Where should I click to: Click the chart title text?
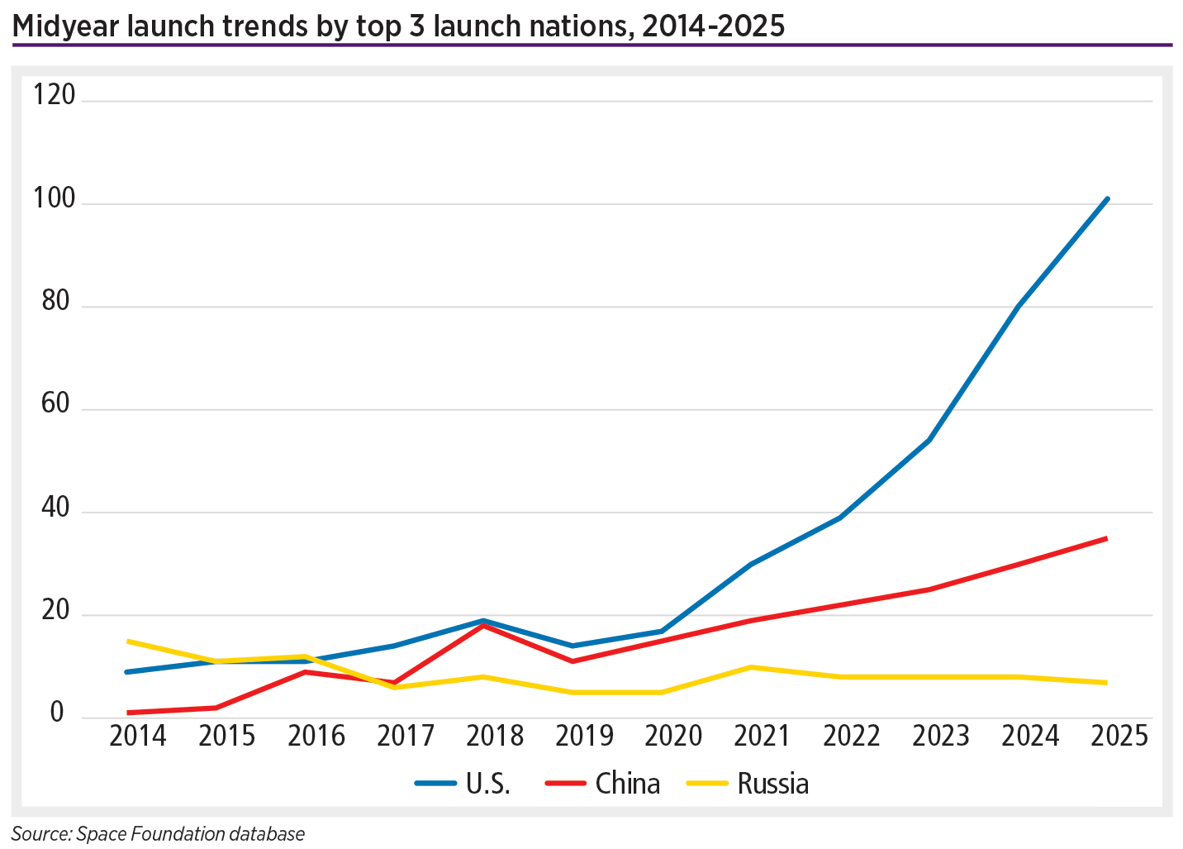pos(398,26)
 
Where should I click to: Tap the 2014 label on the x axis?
pos(137,736)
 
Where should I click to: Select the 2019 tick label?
pos(584,736)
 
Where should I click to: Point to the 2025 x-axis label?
pos(1119,736)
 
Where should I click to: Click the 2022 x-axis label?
pos(852,736)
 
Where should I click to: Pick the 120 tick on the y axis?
pos(54,96)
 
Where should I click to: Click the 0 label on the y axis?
pos(57,713)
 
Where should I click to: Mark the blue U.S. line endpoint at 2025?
pos(1107,199)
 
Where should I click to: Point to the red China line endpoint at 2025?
pos(1106,539)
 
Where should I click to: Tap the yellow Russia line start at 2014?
pos(127,641)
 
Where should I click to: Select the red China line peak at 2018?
pos(483,626)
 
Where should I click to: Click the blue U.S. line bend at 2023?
pos(929,441)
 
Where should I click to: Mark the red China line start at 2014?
pos(128,713)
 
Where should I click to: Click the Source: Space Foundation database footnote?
pos(158,834)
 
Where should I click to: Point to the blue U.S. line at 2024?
pos(1018,307)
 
